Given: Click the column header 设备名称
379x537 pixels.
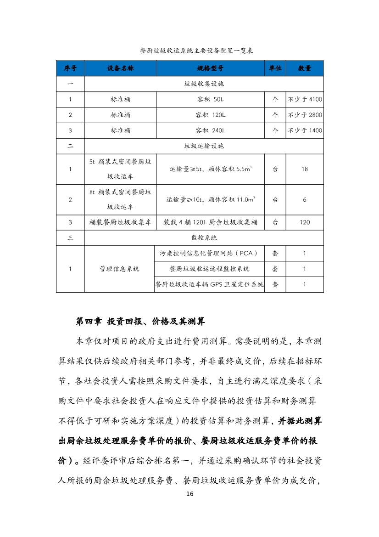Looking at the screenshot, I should point(120,68).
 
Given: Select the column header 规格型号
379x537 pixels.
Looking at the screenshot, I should point(210,68).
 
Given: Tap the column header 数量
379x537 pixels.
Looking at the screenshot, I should point(305,68).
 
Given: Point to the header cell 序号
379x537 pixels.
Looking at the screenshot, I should point(70,68).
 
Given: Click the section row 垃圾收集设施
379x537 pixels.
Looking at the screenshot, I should point(204,84).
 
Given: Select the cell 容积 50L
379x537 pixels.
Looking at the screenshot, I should point(210,99).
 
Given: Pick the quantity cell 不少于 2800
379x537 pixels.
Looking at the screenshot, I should point(305,115).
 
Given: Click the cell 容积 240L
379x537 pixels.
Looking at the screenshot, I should point(210,130).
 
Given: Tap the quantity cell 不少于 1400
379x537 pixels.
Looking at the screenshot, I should point(305,130).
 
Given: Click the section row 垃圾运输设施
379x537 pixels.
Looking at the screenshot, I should point(204,146).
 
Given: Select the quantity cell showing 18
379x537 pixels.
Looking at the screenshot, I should point(305,169).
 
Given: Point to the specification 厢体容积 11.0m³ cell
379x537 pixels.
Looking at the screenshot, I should point(210,200).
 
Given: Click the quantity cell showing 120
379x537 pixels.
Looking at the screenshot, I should point(305,222).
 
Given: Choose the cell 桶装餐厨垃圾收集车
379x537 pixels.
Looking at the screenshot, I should point(120,222).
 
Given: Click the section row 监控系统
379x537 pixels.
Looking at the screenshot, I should point(204,238).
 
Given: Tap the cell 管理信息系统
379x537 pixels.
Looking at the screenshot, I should point(120,269).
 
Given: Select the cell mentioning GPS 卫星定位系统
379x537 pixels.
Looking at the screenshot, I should point(210,284).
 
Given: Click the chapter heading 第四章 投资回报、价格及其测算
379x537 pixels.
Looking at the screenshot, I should point(139,322).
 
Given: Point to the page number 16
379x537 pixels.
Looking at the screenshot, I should point(189,494).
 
